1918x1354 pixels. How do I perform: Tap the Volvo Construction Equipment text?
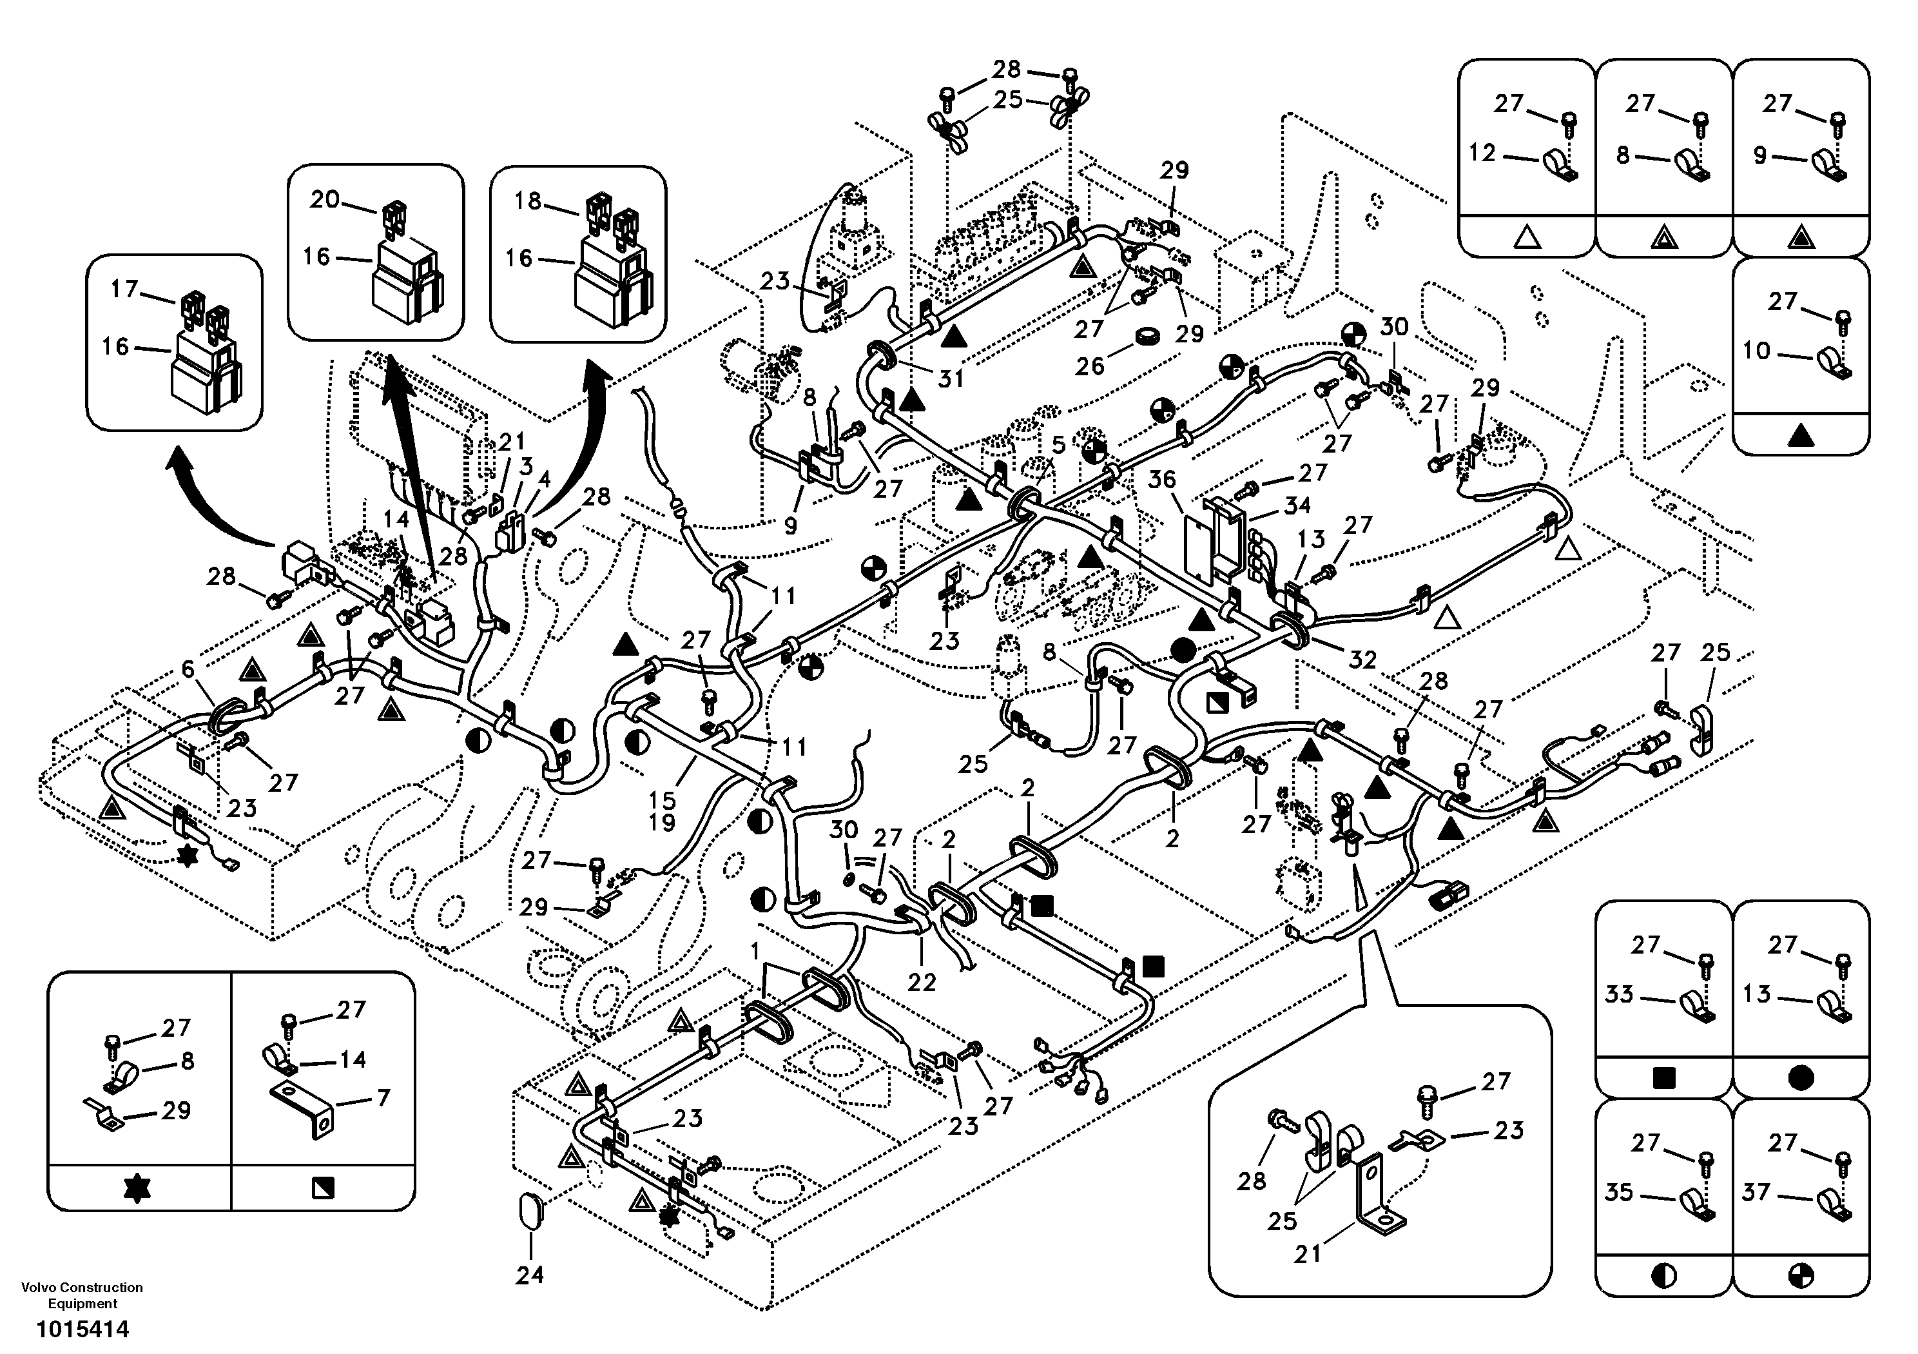82,1295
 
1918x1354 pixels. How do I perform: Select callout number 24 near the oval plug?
530,1274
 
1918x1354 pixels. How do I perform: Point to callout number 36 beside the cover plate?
1161,480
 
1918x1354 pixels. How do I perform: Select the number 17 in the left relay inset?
124,289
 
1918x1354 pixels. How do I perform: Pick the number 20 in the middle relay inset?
325,199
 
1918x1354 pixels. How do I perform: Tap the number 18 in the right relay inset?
527,201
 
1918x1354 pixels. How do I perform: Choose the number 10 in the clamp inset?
1756,350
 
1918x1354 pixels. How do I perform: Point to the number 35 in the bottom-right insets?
1619,1193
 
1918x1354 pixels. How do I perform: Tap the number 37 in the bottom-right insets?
1756,1193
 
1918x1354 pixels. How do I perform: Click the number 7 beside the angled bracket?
383,1097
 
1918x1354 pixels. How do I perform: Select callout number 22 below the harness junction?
922,983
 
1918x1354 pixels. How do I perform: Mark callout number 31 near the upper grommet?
951,378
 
